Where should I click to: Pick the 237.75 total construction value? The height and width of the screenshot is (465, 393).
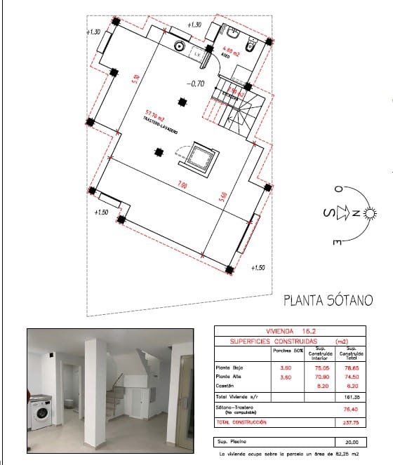click(x=352, y=422)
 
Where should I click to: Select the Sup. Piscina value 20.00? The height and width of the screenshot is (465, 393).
click(x=352, y=442)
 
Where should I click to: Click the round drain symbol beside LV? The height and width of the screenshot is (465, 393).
click(x=179, y=46)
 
